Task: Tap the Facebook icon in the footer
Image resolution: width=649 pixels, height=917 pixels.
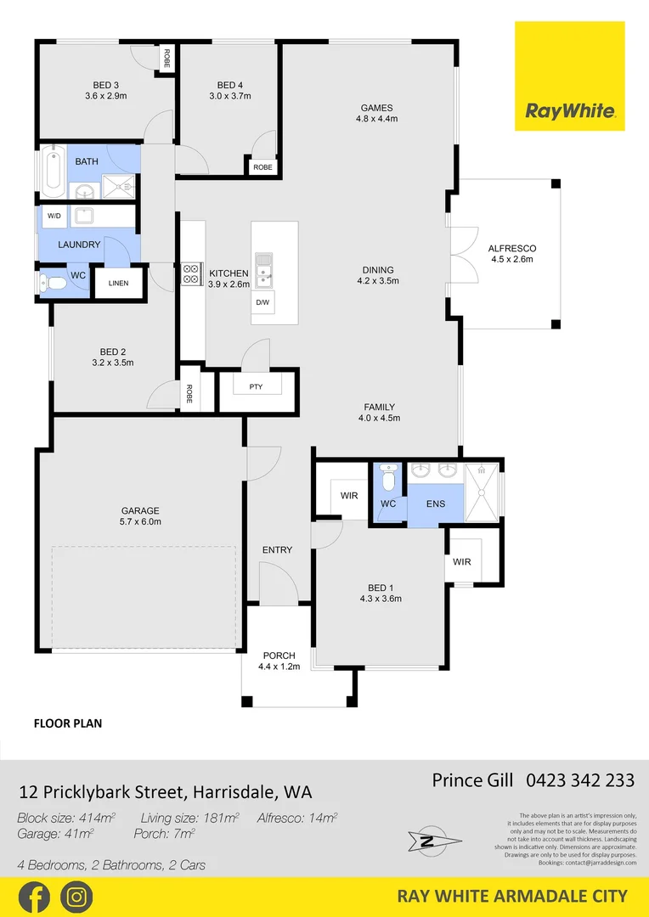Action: point(34,897)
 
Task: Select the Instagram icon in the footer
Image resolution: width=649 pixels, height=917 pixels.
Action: point(76,897)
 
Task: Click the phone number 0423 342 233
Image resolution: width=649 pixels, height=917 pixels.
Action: point(580,780)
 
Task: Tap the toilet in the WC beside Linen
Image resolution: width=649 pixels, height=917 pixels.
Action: point(53,283)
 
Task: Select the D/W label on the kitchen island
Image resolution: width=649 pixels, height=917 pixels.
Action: point(262,302)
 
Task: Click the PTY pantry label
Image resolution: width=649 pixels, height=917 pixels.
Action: point(256,387)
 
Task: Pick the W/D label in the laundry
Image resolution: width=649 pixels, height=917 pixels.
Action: point(54,217)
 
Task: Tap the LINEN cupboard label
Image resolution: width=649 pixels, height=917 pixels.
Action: point(118,283)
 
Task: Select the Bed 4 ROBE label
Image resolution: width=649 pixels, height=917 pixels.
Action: point(262,167)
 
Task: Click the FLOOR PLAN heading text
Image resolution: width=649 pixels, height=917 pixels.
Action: point(68,724)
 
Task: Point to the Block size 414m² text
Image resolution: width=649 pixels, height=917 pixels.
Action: point(66,818)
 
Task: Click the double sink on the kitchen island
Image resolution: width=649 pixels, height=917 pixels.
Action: point(264,267)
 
